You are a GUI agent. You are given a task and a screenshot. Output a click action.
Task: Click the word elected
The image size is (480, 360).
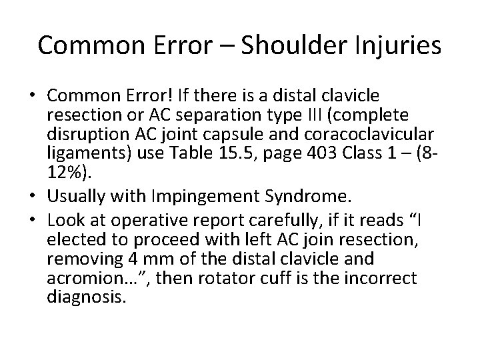[73, 240]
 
